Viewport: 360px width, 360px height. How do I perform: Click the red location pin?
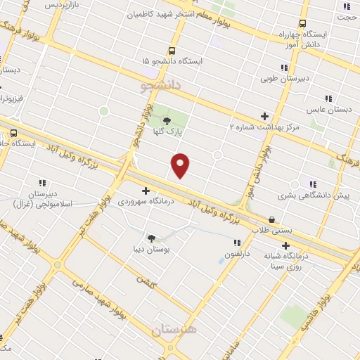[181, 165]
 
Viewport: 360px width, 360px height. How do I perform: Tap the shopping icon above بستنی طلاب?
[272, 219]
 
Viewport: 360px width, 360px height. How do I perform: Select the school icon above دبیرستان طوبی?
[284, 67]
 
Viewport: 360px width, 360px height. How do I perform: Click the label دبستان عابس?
[328, 110]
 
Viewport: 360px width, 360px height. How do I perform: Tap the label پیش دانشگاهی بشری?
[321, 195]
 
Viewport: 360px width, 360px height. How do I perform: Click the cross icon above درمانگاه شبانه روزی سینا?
[285, 245]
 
